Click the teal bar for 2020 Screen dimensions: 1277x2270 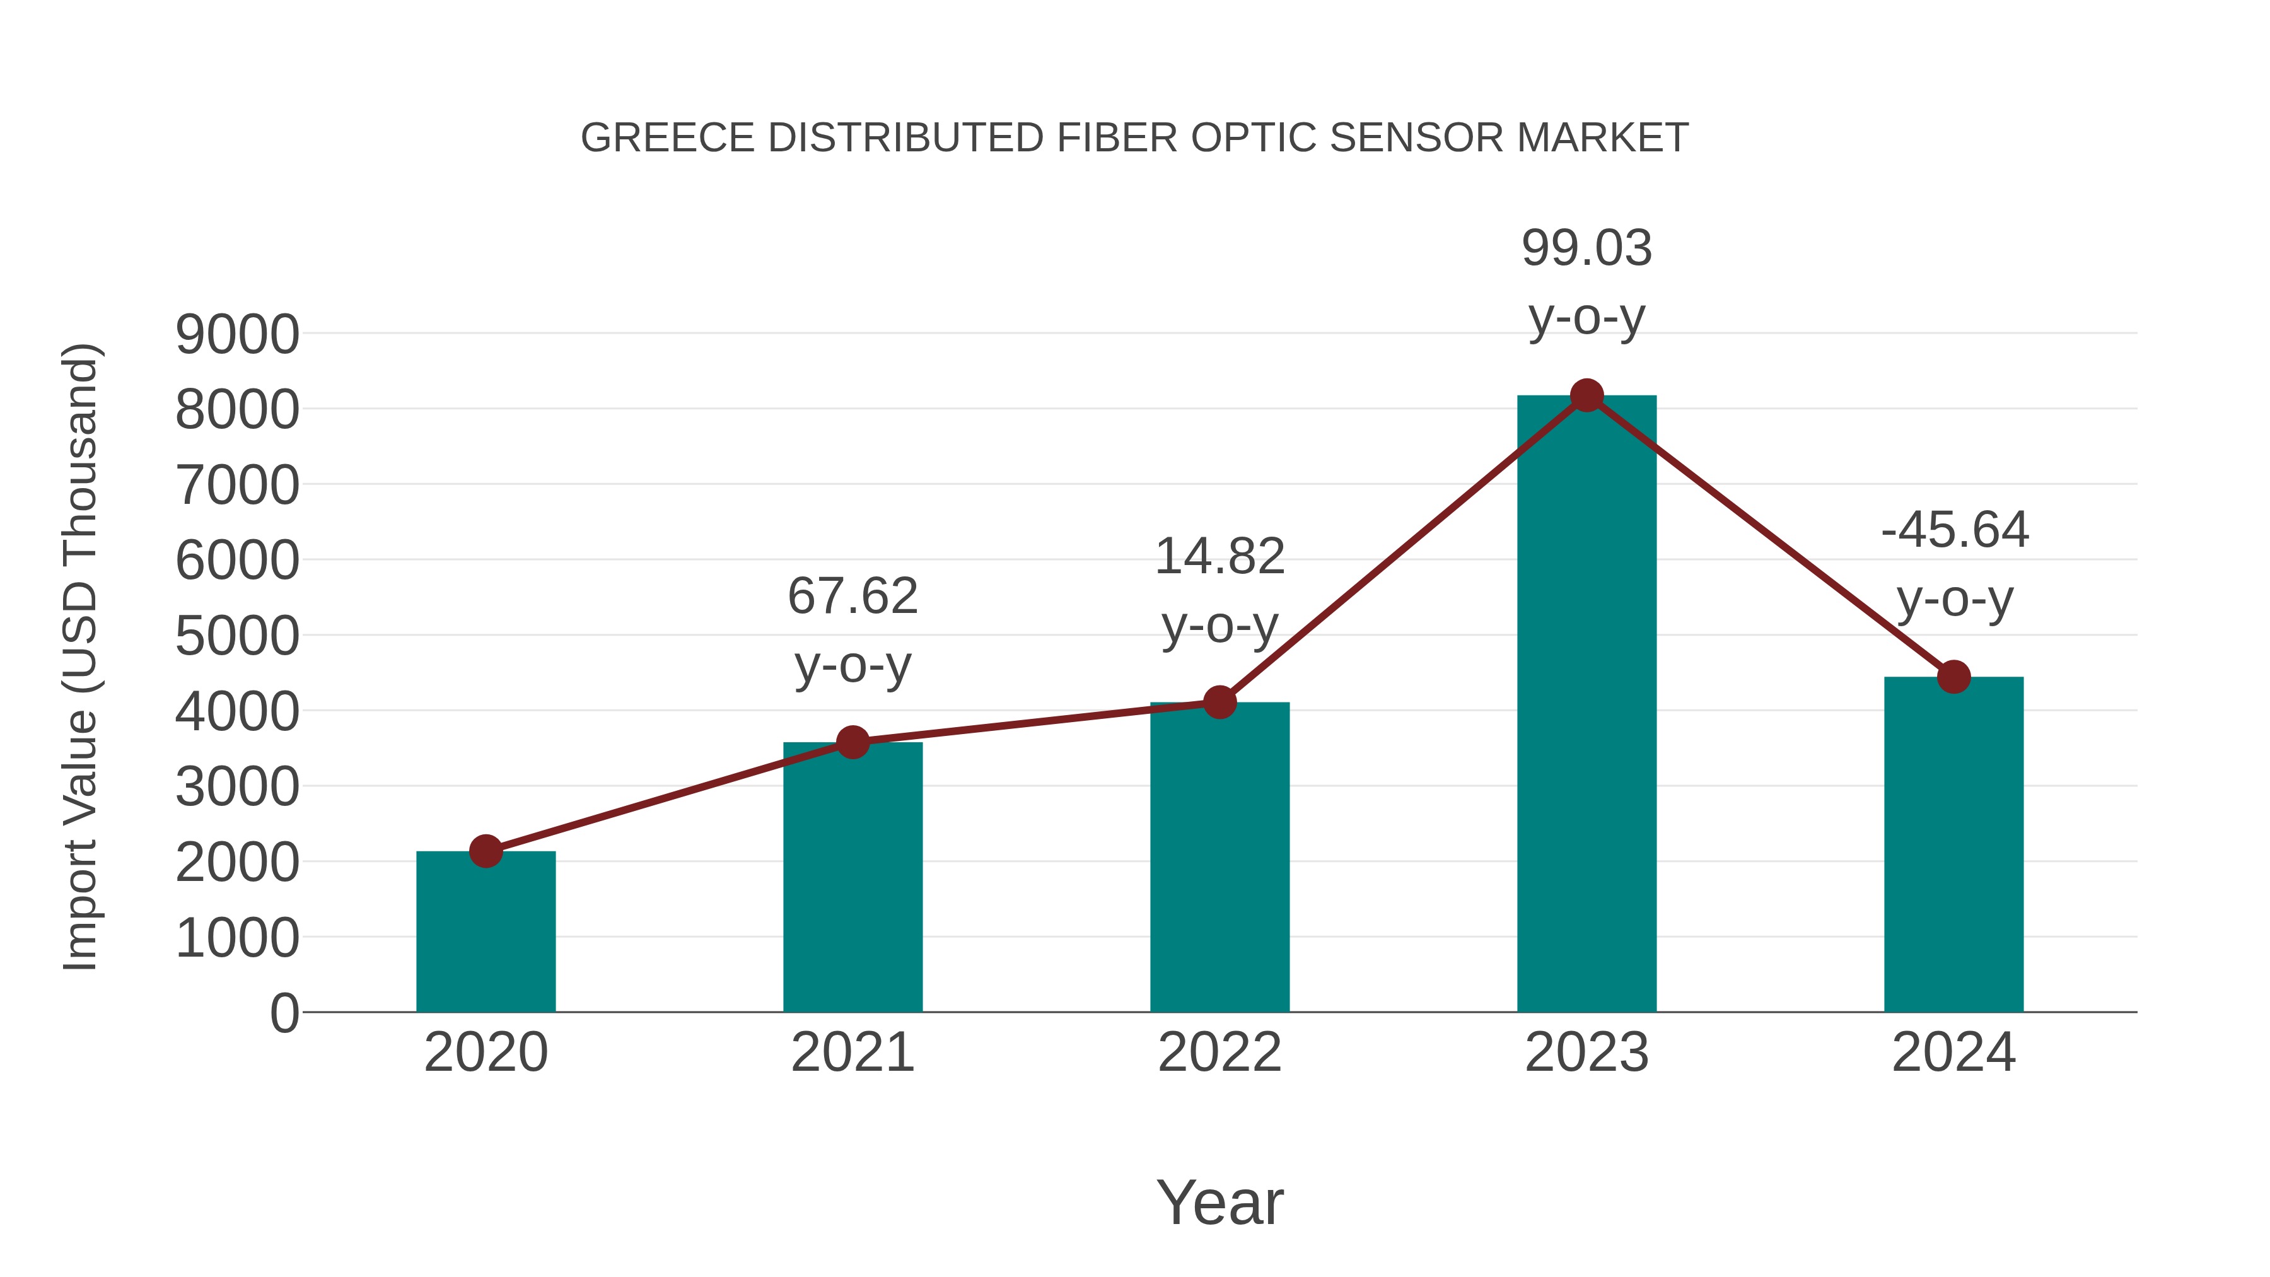coord(486,934)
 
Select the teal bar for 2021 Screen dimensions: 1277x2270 coord(852,882)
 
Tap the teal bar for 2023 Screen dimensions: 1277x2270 coord(1586,705)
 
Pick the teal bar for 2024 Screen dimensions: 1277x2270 coord(1953,846)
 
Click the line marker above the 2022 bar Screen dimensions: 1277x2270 coord(1219,703)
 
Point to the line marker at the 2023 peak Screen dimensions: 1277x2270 coord(1586,395)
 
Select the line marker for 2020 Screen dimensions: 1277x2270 coord(486,851)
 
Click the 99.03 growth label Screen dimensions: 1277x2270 coord(1586,248)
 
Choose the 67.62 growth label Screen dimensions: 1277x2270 coord(852,597)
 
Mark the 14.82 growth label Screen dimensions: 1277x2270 coord(1219,557)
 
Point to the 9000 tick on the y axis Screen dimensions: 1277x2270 coord(237,335)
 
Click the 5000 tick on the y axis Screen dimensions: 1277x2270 coord(237,636)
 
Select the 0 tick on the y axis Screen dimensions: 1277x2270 coord(284,1013)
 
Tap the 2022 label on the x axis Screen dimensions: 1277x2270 coord(1219,1053)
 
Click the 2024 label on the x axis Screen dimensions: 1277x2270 coord(1953,1053)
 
